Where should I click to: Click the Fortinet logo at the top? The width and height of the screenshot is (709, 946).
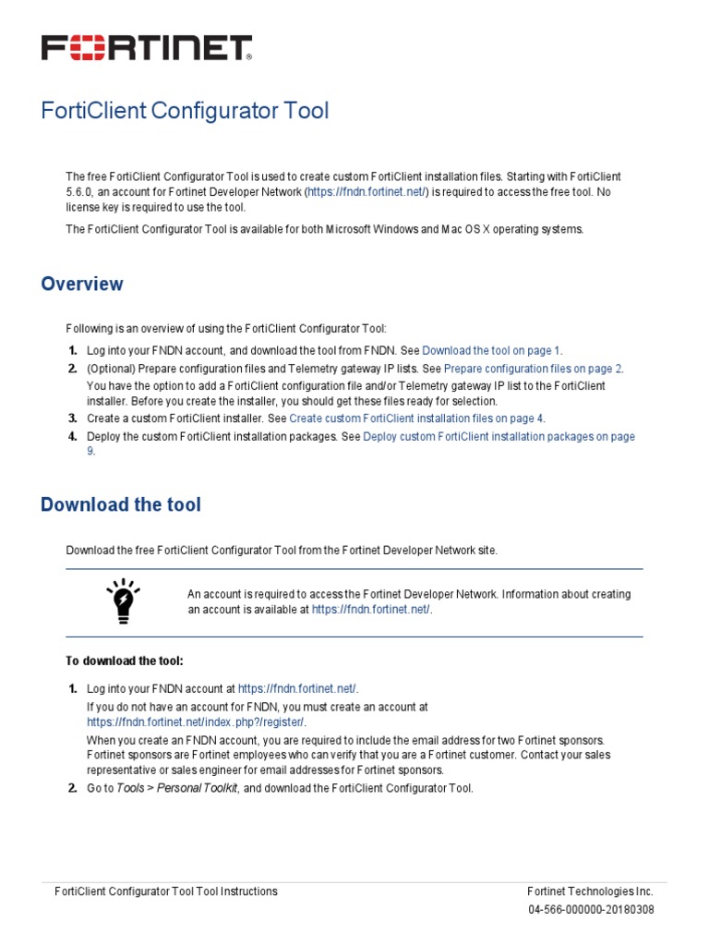pyautogui.click(x=146, y=48)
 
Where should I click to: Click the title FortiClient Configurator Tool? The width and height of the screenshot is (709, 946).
pyautogui.click(x=185, y=111)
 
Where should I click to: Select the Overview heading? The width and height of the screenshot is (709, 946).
pyautogui.click(x=82, y=284)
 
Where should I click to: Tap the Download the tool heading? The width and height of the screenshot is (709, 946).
pyautogui.click(x=121, y=504)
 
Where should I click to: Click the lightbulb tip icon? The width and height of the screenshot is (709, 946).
pyautogui.click(x=123, y=600)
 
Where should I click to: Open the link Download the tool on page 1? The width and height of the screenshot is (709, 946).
pyautogui.click(x=491, y=350)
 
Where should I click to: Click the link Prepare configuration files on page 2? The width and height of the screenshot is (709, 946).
pyautogui.click(x=533, y=368)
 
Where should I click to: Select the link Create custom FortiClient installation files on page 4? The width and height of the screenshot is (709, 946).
pyautogui.click(x=416, y=418)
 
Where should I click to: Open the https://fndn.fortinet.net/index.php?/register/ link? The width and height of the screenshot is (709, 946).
pyautogui.click(x=196, y=722)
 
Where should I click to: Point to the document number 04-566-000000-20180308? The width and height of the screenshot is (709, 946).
pyautogui.click(x=591, y=909)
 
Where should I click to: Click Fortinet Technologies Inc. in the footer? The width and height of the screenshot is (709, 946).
pyautogui.click(x=590, y=891)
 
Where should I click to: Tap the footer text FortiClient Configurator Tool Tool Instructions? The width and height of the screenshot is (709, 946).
pyautogui.click(x=166, y=891)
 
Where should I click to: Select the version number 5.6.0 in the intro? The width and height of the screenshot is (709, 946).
pyautogui.click(x=81, y=192)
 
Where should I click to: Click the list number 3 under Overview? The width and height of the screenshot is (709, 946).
pyautogui.click(x=72, y=418)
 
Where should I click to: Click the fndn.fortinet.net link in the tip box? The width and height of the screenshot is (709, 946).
pyautogui.click(x=370, y=610)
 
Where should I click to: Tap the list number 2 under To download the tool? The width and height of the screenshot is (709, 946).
pyautogui.click(x=72, y=788)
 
